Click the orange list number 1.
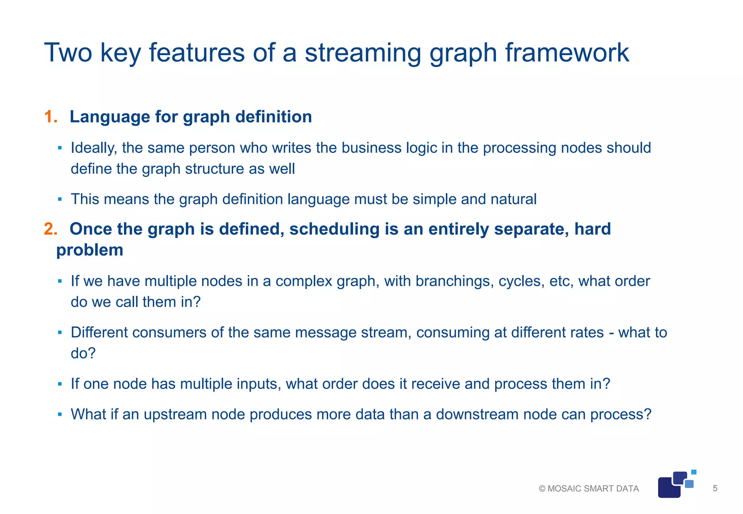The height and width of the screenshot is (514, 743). (x=50, y=117)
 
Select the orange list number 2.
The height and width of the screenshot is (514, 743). (x=50, y=229)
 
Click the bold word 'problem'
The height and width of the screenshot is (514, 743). (x=90, y=250)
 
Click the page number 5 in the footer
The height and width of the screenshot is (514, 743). (x=715, y=488)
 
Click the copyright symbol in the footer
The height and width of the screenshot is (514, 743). (x=542, y=489)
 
